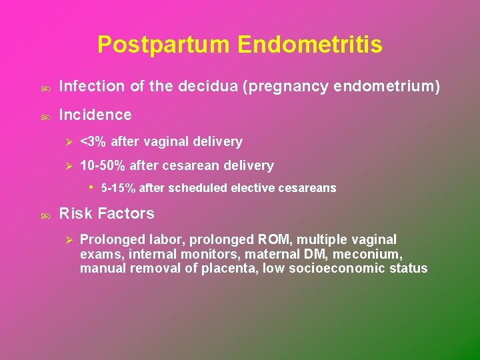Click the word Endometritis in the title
(309, 45)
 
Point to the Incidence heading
(95, 115)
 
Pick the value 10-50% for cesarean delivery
(103, 165)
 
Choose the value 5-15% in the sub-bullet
(118, 188)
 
